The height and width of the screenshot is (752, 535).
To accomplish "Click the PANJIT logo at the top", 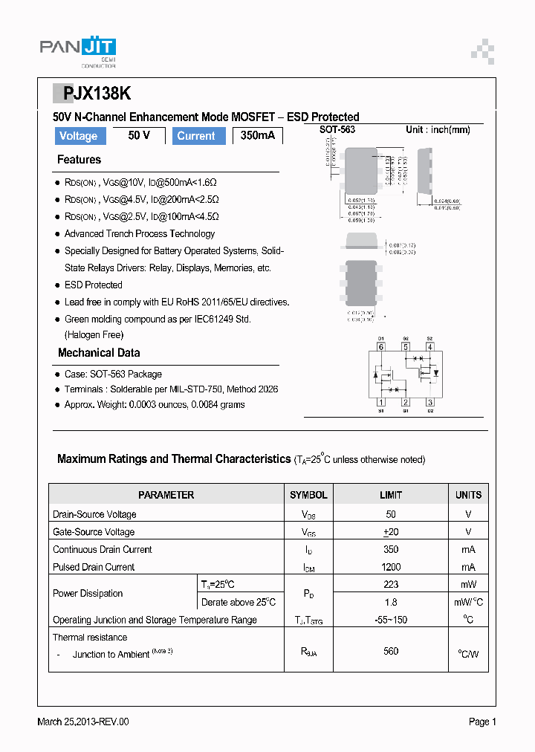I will pyautogui.click(x=77, y=50).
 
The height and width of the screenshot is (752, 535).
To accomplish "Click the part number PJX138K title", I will pyautogui.click(x=93, y=93).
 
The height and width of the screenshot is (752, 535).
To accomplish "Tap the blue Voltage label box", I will pyautogui.click(x=79, y=136).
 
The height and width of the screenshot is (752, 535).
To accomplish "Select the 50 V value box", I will pyautogui.click(x=139, y=136).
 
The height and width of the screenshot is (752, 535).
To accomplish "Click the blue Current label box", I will pyautogui.click(x=196, y=136).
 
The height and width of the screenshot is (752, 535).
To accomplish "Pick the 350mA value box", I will pyautogui.click(x=258, y=136).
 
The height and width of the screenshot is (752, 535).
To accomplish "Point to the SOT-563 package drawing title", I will pyautogui.click(x=337, y=130).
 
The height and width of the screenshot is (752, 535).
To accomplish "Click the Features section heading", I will pyautogui.click(x=79, y=160).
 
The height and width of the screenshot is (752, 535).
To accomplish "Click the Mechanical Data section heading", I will pyautogui.click(x=99, y=353).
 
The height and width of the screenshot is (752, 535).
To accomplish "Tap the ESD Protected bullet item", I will pyautogui.click(x=93, y=285).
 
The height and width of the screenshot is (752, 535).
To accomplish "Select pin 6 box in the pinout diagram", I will pyautogui.click(x=381, y=346).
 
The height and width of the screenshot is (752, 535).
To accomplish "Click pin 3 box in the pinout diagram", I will pyautogui.click(x=429, y=403).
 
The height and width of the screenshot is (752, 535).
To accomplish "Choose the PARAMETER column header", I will pyautogui.click(x=166, y=495).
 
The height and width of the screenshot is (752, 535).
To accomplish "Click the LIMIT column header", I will pyautogui.click(x=391, y=495).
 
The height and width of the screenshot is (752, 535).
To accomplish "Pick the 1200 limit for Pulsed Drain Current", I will pyautogui.click(x=391, y=567).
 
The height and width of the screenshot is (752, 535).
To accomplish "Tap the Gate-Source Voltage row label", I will pyautogui.click(x=94, y=532).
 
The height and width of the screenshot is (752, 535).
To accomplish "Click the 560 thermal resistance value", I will pyautogui.click(x=391, y=651).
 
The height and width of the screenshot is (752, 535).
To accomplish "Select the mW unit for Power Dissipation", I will pyautogui.click(x=468, y=585).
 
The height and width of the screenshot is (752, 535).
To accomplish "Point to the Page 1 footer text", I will pyautogui.click(x=482, y=722).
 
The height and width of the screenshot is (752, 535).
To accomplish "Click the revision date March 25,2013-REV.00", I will pyautogui.click(x=83, y=722).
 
